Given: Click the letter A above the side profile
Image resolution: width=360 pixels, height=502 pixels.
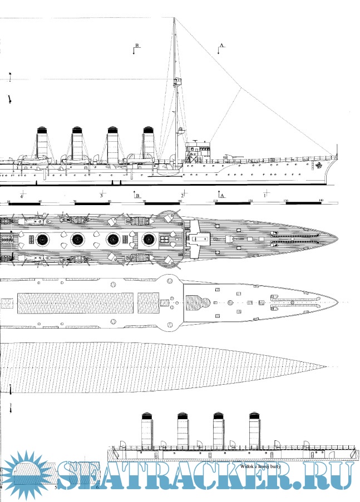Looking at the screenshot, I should coord(221,44).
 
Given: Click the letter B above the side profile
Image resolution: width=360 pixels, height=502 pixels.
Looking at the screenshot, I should coord(137,44).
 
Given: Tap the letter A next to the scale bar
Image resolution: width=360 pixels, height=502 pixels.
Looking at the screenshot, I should coord(222,196).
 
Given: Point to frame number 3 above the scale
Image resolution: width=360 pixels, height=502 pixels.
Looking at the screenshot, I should coord(101,196).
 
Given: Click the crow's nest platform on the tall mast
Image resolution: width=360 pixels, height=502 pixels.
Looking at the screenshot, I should coord(179,82).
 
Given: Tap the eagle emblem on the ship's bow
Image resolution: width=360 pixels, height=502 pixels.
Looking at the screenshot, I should coord(319,165).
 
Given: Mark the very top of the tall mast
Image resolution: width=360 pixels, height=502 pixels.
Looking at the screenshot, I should coord(174,18).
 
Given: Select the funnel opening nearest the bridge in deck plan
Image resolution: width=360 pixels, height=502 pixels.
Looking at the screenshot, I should coord(149,240).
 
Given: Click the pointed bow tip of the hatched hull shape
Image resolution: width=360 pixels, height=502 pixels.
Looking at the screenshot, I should coord(326,367).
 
